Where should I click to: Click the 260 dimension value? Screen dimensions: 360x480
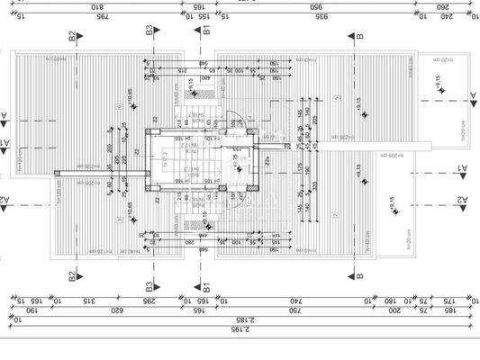tap(442, 7)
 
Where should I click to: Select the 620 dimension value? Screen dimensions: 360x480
tap(115, 310)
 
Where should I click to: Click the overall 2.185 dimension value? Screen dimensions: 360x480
tap(240, 319)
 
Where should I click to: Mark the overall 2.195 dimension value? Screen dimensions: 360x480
tap(240, 329)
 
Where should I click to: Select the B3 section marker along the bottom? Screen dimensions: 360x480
tap(150, 287)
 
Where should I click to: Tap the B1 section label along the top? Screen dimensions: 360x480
tap(206, 31)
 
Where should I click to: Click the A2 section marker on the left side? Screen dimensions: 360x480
tap(5, 199)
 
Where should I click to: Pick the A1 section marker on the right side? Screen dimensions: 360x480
tap(462, 168)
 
